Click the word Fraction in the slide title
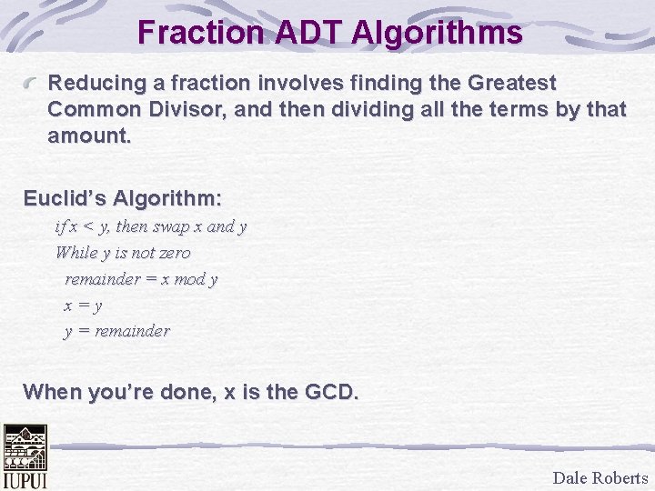tap(197, 34)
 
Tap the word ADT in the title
tap(303, 34)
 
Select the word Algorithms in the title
tap(436, 34)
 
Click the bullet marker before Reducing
tap(33, 84)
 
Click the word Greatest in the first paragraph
tap(510, 83)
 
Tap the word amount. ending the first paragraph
tap(89, 137)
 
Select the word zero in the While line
tap(175, 253)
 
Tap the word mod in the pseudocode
tap(189, 279)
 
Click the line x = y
tap(82, 306)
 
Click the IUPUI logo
tap(25, 456)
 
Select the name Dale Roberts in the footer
tap(600, 477)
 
